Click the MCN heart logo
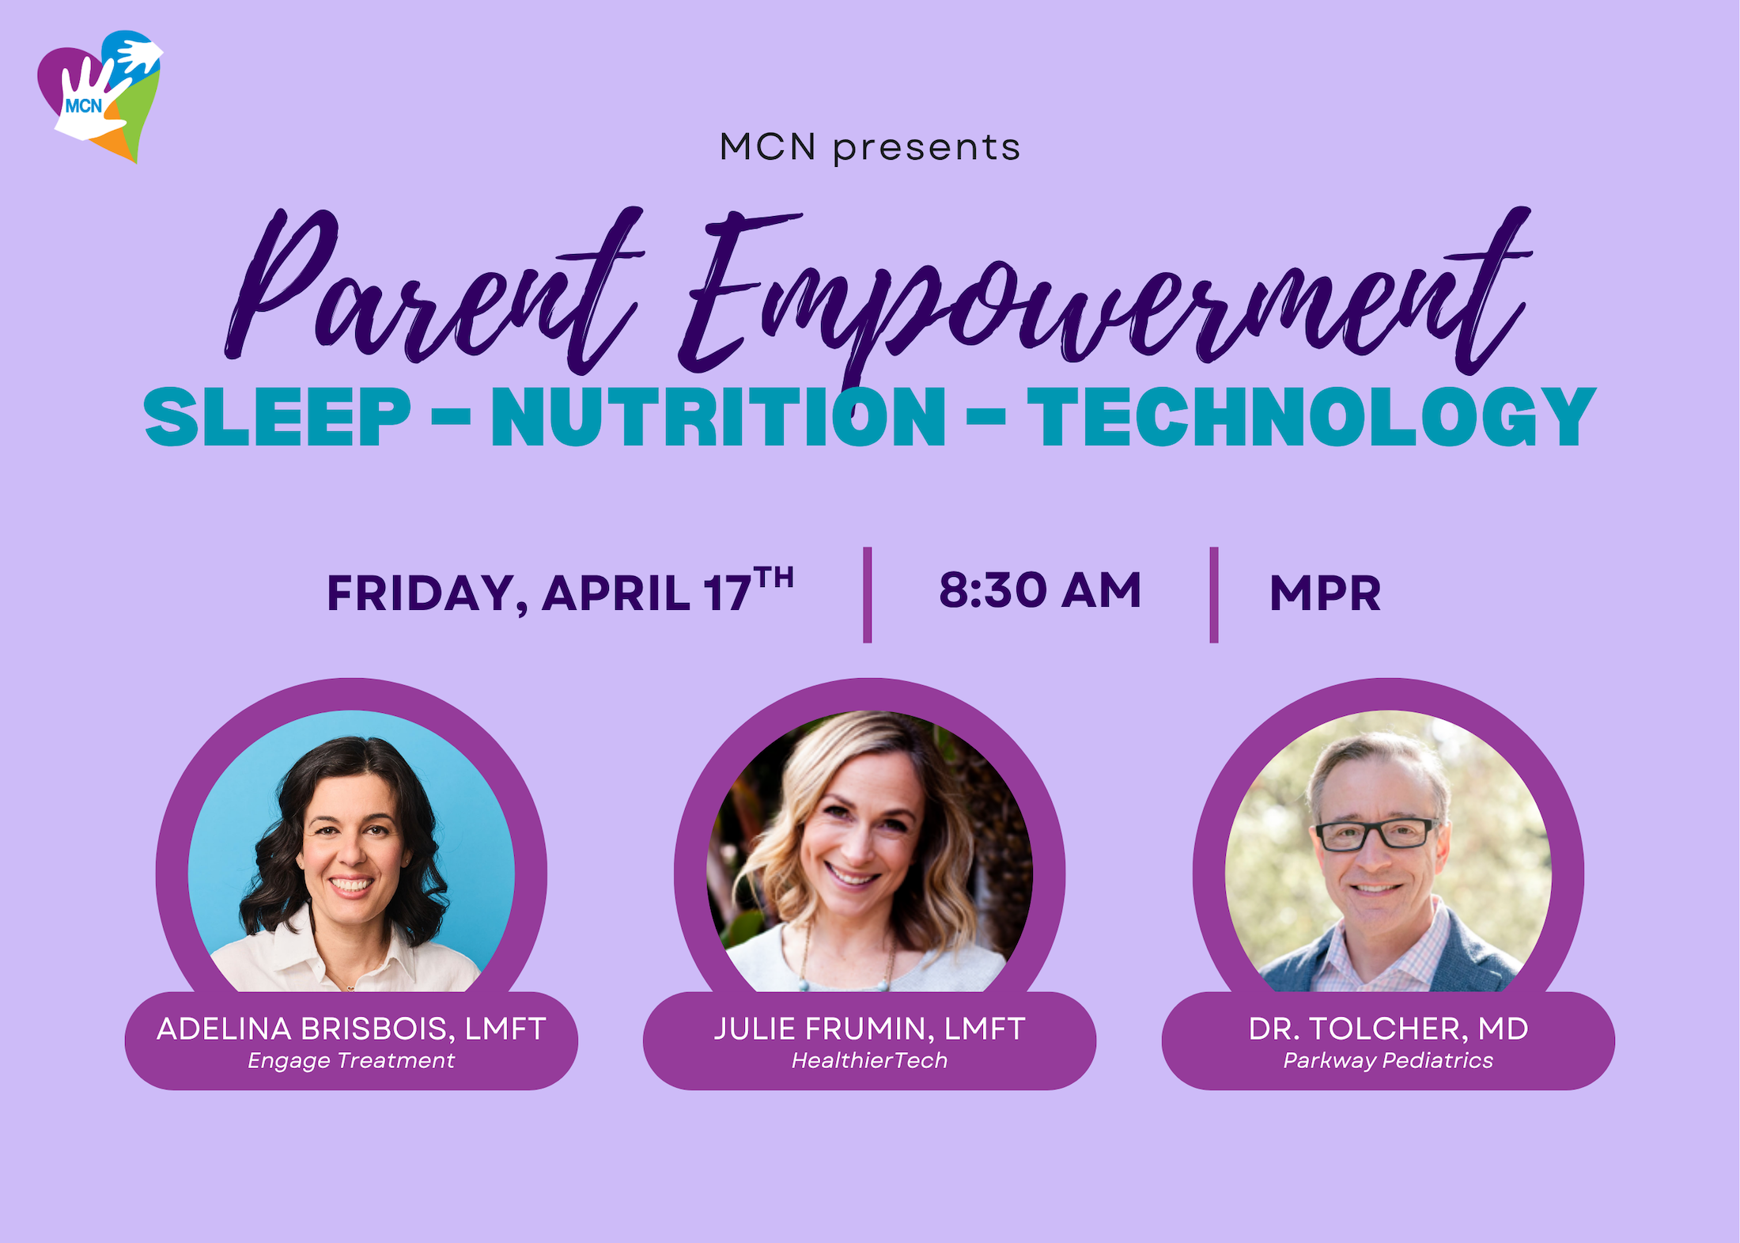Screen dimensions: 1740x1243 100,96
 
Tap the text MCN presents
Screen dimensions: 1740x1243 870,148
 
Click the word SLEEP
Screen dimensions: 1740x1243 278,417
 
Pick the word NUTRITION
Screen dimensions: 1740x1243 718,417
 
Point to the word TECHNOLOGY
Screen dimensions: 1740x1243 1311,417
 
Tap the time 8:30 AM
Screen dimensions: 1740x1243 1040,590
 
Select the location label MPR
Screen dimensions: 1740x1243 1325,593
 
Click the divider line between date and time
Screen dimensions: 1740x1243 868,594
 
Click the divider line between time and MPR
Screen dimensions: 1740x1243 1214,594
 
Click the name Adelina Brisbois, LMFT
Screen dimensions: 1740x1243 351,1029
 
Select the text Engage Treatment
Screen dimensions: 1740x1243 351,1061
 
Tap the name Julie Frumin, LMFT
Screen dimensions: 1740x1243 869,1029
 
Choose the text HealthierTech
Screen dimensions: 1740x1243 869,1060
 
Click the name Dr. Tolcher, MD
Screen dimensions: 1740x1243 1388,1029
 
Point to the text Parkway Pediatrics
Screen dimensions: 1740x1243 1388,1061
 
